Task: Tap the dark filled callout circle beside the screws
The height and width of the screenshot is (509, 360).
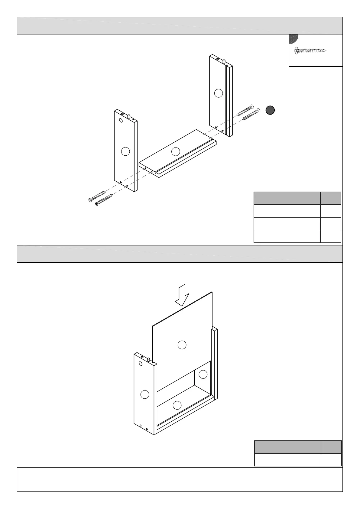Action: tap(270, 110)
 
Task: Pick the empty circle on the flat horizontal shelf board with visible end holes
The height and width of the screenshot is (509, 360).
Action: tap(176, 151)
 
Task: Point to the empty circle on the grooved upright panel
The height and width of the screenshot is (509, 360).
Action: tap(219, 93)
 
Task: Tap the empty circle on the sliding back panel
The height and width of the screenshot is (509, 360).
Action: tap(182, 345)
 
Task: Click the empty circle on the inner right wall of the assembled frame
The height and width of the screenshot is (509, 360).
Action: tap(203, 374)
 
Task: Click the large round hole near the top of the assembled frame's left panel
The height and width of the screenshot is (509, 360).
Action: tap(141, 363)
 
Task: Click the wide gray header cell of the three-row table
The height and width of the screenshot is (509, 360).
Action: tap(287, 198)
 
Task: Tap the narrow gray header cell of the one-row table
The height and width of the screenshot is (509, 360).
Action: tap(331, 447)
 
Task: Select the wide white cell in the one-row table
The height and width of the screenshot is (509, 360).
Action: tap(287, 460)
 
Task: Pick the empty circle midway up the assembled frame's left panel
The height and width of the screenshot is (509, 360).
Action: tap(145, 394)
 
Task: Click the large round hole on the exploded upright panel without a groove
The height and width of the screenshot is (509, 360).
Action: tap(121, 120)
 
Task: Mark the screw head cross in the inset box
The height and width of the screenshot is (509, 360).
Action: tap(297, 51)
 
